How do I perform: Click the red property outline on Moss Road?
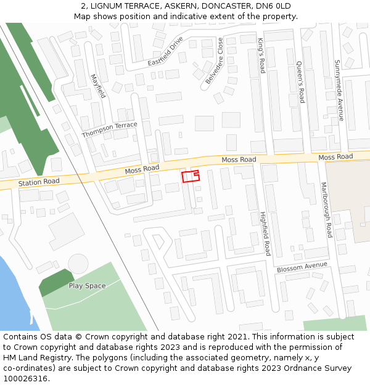click(x=190, y=176)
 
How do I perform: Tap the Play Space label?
click(x=87, y=286)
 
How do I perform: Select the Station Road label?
click(x=39, y=182)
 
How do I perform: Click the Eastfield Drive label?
click(x=166, y=53)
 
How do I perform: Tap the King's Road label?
click(x=261, y=55)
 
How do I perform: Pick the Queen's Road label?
click(x=300, y=82)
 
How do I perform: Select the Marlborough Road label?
click(x=326, y=210)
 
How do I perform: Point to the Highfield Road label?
click(x=265, y=234)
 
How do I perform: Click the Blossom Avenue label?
click(x=302, y=268)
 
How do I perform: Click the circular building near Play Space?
click(x=78, y=264)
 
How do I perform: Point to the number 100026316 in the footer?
click(x=25, y=379)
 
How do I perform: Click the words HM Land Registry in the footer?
click(x=33, y=358)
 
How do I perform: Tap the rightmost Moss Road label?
click(x=335, y=157)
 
